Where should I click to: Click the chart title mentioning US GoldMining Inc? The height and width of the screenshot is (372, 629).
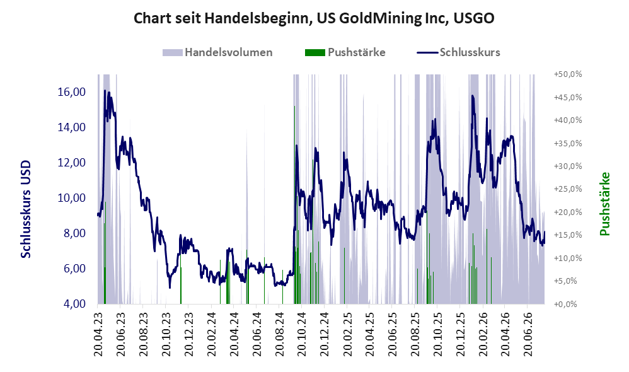(314, 18)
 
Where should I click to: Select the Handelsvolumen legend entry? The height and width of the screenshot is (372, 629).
(217, 52)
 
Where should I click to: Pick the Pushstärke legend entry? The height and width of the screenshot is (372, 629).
(345, 52)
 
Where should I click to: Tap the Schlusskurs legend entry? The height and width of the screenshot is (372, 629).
(458, 52)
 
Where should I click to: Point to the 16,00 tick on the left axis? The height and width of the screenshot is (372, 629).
(72, 92)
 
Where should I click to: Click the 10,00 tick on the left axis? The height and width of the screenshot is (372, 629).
(72, 198)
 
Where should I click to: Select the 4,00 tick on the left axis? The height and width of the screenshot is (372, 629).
(74, 304)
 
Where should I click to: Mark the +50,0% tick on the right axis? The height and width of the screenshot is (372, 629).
(568, 74)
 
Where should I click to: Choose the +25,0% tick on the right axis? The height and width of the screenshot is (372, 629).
(568, 189)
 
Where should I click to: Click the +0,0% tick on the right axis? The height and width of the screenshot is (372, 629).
(565, 304)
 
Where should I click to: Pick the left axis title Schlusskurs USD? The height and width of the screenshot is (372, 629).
(26, 209)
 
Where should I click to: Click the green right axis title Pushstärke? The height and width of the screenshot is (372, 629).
(604, 204)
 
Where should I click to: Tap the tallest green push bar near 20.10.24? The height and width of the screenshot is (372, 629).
(294, 205)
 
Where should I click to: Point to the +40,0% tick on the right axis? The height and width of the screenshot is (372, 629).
(568, 120)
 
